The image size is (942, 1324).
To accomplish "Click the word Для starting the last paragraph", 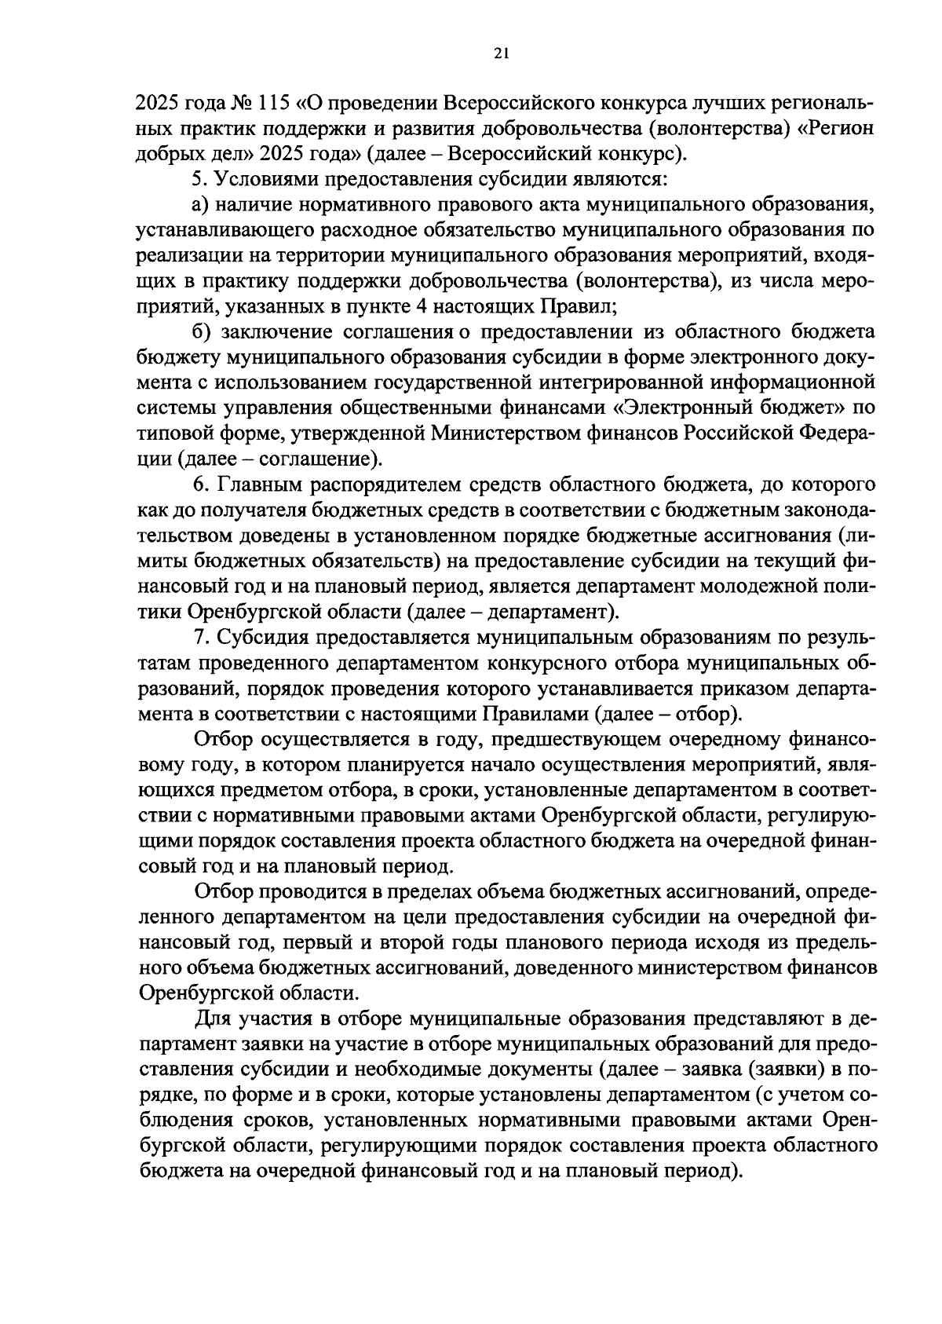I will click(211, 1019).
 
